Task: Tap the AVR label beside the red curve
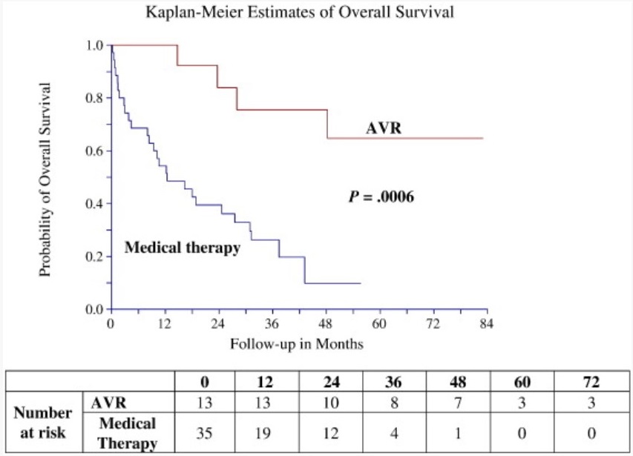(384, 127)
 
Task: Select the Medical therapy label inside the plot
(182, 248)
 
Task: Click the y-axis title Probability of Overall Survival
(45, 179)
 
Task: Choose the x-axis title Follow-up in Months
(297, 344)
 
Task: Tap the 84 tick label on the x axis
(487, 324)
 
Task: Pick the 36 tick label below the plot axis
(272, 324)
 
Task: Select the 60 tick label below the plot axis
(378, 324)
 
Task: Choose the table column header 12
(265, 383)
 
